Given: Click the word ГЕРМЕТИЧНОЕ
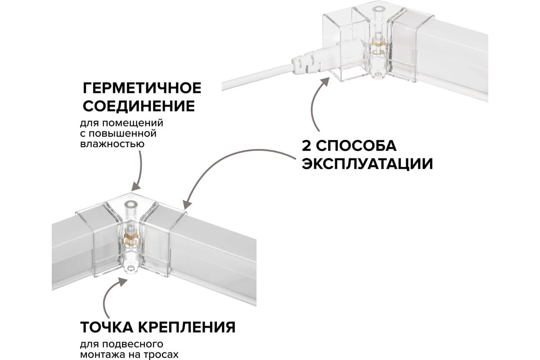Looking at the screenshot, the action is pos(142,88).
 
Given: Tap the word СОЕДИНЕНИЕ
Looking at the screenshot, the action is pos(139,106).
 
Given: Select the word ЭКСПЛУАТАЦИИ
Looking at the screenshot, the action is pos(367,164).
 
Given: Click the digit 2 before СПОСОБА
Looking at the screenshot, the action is pos(306,146).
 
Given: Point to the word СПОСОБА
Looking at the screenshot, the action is pos(356,146).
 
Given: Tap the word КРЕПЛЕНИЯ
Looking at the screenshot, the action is pos(187,327).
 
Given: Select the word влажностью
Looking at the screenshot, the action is pos(112,144).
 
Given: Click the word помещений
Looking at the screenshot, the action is pos(133,123).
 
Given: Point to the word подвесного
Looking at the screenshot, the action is pos(132,344).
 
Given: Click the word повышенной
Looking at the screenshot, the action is pos(123,134).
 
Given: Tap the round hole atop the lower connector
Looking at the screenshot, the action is pos(131,204).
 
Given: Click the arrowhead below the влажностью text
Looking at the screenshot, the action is pos(136,186).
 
